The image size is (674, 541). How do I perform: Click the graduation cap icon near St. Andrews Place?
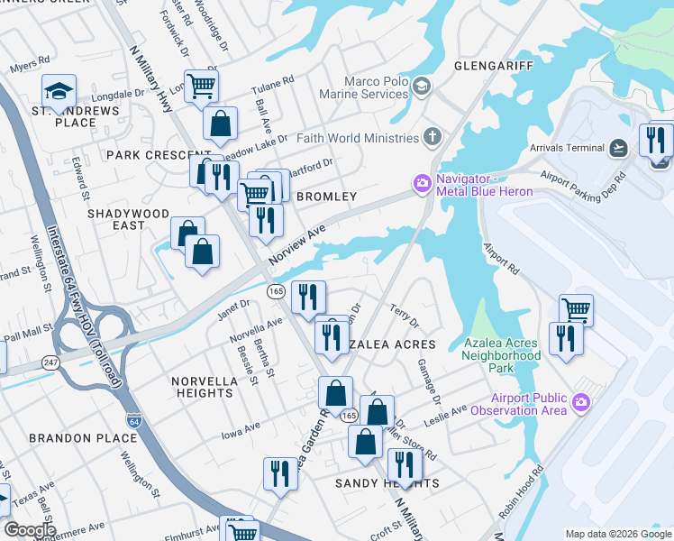coord(59,91)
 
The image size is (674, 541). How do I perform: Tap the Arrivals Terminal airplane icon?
coord(618,148)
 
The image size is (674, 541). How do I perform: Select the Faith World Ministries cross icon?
coord(433,138)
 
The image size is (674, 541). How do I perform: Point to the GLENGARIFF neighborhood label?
coord(494,67)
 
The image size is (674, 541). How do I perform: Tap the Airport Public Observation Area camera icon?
coord(581,401)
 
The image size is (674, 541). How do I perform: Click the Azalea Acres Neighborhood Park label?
coord(502,355)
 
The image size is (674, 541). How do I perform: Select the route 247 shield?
coord(50,362)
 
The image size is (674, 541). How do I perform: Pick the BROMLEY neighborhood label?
coord(326,197)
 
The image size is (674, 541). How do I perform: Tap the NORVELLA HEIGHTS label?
coord(205,387)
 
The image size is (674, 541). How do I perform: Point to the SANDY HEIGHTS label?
coord(387,484)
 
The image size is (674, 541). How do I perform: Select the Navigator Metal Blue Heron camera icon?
coord(421,184)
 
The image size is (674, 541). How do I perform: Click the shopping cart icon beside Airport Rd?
coord(576,310)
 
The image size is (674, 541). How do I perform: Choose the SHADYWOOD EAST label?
coord(129,219)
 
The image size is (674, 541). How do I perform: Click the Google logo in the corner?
coord(30,530)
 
